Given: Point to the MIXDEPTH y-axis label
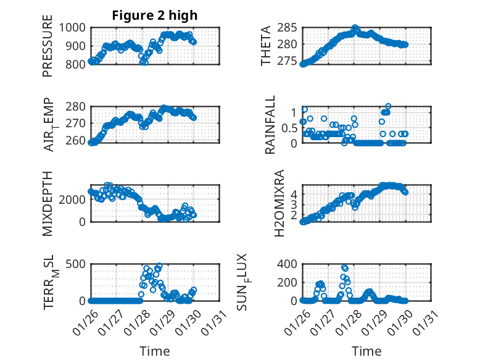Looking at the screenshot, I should (48, 204).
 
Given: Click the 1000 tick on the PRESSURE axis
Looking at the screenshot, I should (76, 27).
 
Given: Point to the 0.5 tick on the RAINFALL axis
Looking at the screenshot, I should (289, 128).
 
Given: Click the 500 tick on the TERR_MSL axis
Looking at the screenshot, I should (79, 264).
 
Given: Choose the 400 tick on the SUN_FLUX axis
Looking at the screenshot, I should (290, 264).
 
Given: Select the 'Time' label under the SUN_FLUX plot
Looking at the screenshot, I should (366, 351).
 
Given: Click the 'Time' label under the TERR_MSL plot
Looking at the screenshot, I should (155, 351).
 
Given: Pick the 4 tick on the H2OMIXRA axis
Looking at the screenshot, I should (294, 193).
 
